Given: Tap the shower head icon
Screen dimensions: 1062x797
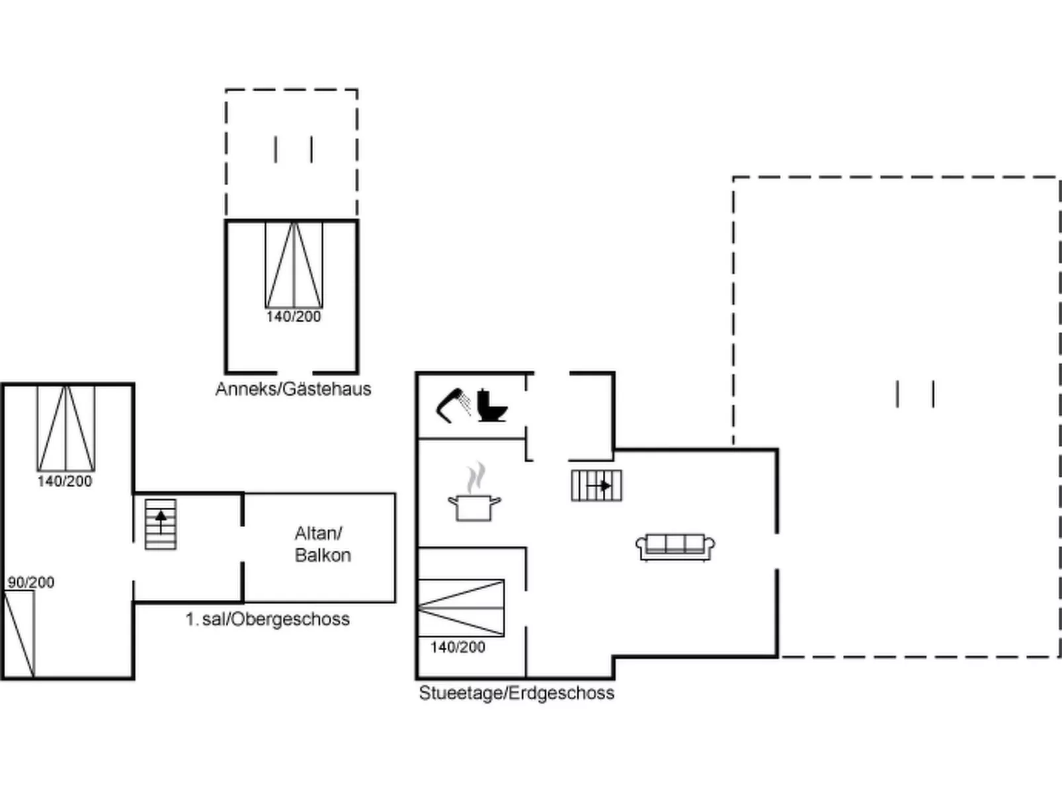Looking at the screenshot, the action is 454,405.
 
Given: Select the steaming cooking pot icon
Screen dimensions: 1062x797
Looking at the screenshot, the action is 474,491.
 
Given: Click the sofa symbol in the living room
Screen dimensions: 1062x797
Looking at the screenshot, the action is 675,547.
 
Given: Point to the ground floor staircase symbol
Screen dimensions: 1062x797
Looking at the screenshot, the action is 596,485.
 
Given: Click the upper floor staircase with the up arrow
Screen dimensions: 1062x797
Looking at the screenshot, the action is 161,524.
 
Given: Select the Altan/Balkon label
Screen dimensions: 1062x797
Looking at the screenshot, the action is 323,544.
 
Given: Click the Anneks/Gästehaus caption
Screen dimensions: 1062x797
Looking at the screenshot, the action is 293,389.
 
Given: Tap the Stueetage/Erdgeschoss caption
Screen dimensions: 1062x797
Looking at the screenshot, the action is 516,693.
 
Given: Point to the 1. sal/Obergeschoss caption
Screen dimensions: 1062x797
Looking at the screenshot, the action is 268,619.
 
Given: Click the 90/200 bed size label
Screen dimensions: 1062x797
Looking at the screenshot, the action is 31,582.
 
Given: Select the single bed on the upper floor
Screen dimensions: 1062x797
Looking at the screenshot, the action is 19,634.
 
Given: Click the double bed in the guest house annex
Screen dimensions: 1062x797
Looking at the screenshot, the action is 294,265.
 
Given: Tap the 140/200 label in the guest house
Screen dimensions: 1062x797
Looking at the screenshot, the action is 294,316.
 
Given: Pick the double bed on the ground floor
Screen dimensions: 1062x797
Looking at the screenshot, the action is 461,608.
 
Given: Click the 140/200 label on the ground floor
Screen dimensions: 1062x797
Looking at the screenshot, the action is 458,647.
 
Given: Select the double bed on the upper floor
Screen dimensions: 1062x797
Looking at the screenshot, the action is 66,429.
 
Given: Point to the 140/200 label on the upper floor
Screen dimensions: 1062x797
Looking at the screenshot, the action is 65,481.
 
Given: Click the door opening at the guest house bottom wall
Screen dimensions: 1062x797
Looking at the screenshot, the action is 295,372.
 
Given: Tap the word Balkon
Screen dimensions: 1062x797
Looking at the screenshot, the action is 323,555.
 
